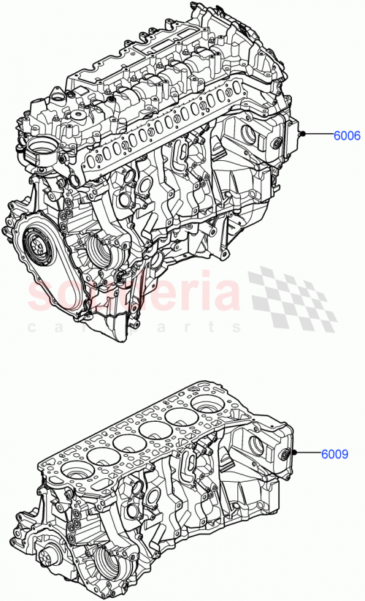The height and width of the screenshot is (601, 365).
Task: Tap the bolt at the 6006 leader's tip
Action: point(300,135)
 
